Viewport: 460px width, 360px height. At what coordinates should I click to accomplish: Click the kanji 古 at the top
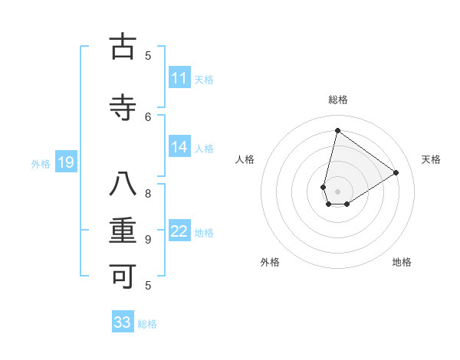point(123,47)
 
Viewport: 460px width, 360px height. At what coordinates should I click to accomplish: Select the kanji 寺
point(123,108)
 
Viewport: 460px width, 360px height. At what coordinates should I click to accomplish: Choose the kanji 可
point(123,277)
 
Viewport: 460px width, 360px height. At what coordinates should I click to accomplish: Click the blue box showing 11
point(179,78)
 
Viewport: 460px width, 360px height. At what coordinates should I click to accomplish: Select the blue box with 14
point(179,147)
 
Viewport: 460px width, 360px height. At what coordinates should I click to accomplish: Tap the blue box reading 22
point(179,231)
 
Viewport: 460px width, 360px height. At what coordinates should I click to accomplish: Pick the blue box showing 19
point(65,162)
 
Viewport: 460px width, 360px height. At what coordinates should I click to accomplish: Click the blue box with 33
point(123,322)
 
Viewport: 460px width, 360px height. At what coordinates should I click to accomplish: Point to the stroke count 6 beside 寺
point(149,116)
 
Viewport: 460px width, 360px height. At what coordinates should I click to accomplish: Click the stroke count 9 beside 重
point(148,239)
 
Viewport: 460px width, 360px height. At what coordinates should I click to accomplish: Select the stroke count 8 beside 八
point(148,193)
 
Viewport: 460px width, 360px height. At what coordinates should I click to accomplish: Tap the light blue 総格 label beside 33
point(147,324)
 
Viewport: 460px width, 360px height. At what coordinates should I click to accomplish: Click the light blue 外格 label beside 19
point(41,163)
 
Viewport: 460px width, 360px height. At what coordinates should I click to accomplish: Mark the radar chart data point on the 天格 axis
point(396,172)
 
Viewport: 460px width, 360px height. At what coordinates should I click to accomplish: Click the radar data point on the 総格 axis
point(337,130)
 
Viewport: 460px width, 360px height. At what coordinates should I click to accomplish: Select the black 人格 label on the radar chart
point(245,159)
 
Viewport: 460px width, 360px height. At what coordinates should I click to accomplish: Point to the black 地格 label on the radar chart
point(402,262)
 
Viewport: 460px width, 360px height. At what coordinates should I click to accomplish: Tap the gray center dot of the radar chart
point(337,191)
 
